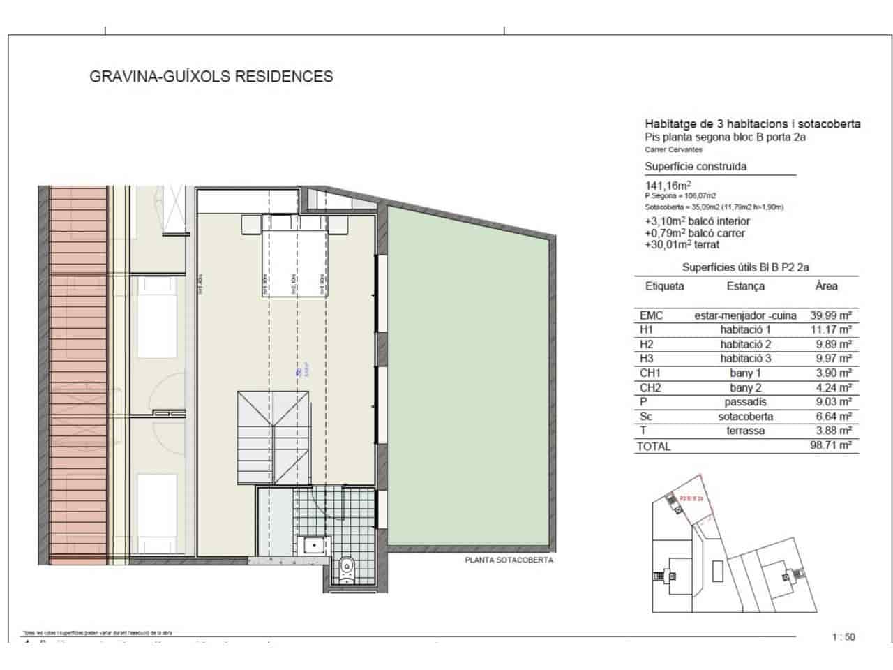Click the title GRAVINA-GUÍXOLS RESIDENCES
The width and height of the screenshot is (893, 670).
[211, 76]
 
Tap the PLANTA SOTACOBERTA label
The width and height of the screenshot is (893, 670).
[509, 559]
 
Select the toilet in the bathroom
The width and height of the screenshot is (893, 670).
[345, 569]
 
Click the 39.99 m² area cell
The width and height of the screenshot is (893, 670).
[830, 315]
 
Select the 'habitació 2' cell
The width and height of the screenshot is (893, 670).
[745, 344]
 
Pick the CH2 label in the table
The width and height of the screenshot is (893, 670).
[650, 387]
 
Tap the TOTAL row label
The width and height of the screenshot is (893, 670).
[654, 447]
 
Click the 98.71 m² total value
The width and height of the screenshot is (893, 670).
[830, 445]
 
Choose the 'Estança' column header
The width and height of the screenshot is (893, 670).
[745, 286]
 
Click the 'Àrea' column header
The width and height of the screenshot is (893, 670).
[826, 286]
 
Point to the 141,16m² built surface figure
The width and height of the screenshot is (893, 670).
[668, 186]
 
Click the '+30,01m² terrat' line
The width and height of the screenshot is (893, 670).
[682, 245]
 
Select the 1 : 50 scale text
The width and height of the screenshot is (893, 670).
[843, 636]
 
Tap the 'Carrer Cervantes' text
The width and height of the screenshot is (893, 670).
[673, 149]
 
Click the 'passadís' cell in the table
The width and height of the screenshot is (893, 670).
[745, 402]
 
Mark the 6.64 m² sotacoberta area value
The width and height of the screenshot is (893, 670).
[830, 417]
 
